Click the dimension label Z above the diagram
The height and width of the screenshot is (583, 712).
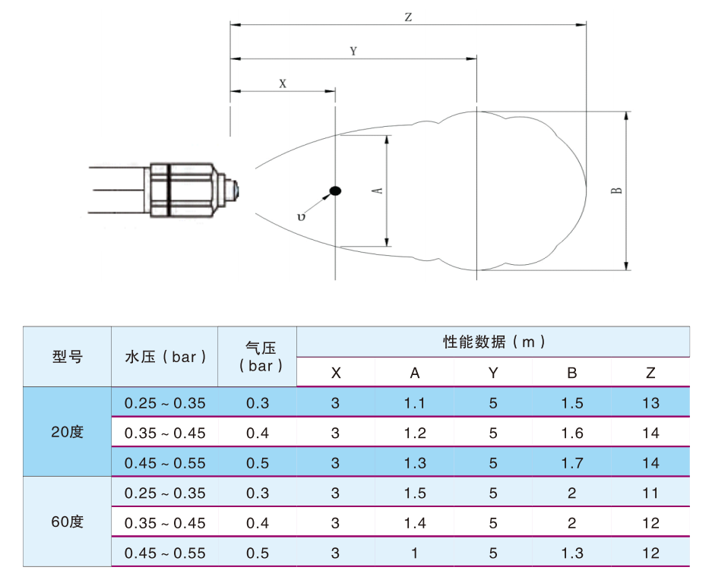point(408,17)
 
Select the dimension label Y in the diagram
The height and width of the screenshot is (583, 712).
point(353,51)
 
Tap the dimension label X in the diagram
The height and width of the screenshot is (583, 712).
point(283,84)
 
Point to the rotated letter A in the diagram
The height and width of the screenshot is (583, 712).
point(378,191)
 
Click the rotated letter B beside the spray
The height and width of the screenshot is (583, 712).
point(617,191)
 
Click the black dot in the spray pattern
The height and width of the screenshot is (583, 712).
point(335,191)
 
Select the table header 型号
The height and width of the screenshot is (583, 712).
point(67,357)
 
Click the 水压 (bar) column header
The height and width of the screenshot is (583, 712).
point(166,357)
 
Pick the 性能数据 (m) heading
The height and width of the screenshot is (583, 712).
point(494,342)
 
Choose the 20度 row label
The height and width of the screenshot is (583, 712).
point(67,432)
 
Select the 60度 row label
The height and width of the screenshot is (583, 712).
point(67,522)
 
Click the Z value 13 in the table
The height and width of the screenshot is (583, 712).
point(650,403)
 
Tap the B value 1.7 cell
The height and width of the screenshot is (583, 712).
point(572,463)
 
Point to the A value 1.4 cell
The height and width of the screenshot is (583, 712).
point(415,523)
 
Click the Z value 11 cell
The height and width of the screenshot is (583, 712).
point(650,493)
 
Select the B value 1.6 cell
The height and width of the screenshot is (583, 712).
point(572,433)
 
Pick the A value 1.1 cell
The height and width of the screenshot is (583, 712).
point(415,403)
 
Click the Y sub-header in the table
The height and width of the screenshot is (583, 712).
point(493,373)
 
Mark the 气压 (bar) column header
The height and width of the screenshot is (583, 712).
point(261,357)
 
